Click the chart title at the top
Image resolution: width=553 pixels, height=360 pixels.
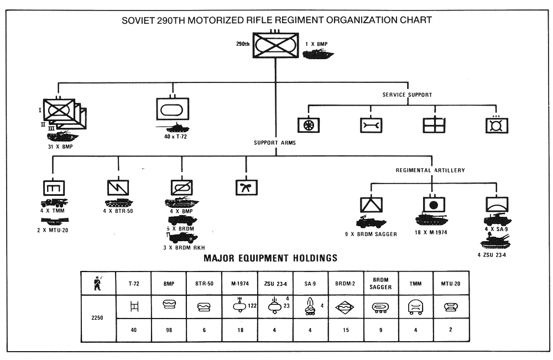click(276, 20)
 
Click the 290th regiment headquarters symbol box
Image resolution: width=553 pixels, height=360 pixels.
click(276, 45)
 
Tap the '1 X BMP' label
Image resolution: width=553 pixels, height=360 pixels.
click(316, 44)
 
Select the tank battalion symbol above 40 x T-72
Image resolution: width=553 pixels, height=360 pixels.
click(173, 109)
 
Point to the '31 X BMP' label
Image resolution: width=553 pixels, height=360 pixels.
click(60, 147)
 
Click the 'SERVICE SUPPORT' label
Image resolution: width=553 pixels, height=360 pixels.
click(408, 95)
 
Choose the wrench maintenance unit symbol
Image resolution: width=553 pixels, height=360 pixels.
click(371, 125)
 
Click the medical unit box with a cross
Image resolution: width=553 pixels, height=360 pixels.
click(434, 125)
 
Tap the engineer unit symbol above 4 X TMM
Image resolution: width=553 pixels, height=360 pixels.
click(54, 188)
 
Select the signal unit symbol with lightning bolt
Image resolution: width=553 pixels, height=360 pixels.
click(118, 187)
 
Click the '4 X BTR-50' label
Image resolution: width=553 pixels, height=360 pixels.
click(118, 211)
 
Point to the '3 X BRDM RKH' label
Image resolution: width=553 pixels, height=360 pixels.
click(184, 248)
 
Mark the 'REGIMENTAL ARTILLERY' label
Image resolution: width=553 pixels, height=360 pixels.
click(430, 170)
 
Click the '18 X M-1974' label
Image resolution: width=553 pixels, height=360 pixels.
click(431, 232)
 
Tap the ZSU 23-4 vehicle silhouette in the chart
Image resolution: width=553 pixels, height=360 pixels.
click(495, 242)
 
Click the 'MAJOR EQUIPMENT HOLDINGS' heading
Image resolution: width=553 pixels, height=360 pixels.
click(270, 258)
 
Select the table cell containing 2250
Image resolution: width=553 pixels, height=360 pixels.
click(98, 318)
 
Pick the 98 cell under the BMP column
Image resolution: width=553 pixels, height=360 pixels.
click(169, 330)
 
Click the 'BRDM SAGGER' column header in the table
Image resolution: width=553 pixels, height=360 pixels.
click(380, 284)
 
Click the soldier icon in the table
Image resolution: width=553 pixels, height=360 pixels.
click(98, 283)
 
